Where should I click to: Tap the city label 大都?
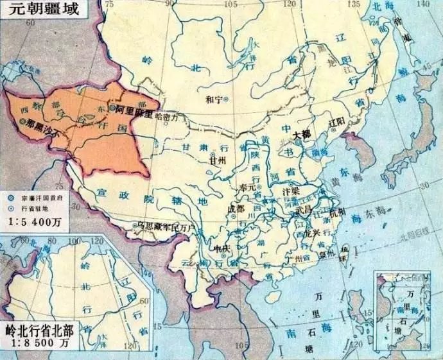301,135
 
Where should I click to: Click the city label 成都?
236,209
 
